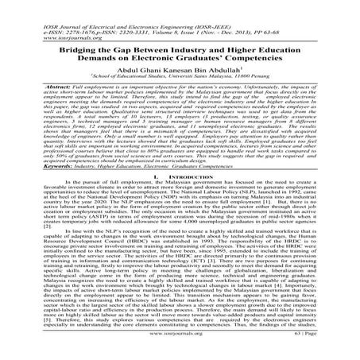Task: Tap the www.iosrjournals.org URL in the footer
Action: click(x=180, y=347)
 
